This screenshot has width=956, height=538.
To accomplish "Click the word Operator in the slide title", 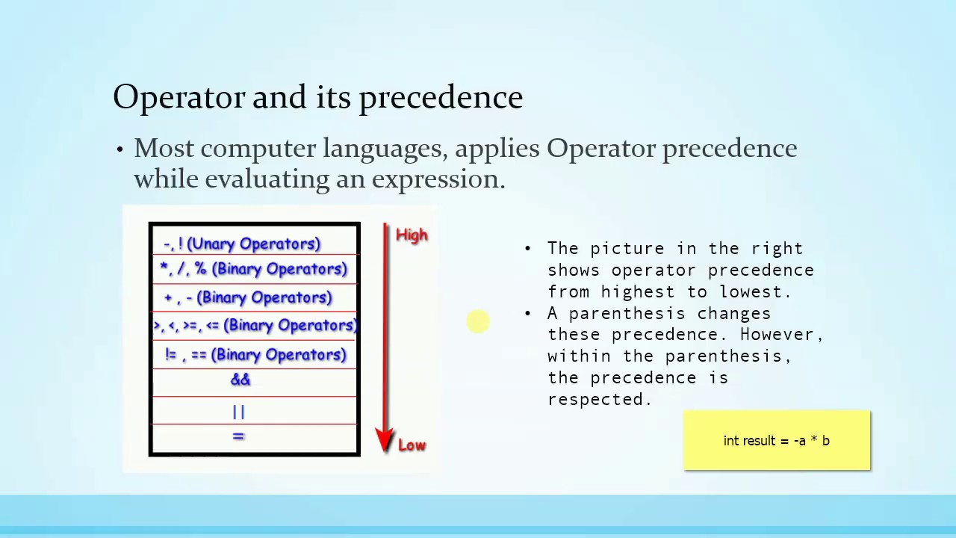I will (x=179, y=98).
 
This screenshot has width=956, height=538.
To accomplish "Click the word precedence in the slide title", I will (x=441, y=98).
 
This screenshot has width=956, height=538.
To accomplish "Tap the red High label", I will (x=412, y=235).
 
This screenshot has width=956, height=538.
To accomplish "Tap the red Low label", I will (x=412, y=445).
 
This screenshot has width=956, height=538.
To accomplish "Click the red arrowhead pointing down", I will (x=385, y=440).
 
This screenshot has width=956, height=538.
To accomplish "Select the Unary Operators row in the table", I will (x=242, y=244).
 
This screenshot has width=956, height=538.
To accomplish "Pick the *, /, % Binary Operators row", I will (x=254, y=269).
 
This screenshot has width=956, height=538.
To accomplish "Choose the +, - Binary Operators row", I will (x=248, y=297).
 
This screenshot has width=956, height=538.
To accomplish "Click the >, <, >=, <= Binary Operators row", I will (x=255, y=325).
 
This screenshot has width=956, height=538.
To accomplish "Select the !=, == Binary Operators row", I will (x=255, y=355).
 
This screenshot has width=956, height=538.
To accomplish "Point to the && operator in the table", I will (x=240, y=380).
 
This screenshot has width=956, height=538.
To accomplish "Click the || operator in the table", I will (x=238, y=411).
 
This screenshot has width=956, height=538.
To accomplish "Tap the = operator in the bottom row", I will (x=238, y=436).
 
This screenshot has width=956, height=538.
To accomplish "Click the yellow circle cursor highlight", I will (x=478, y=322).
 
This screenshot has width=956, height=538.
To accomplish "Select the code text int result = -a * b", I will (x=776, y=441).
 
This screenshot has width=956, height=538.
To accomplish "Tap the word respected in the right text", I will (x=600, y=400).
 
